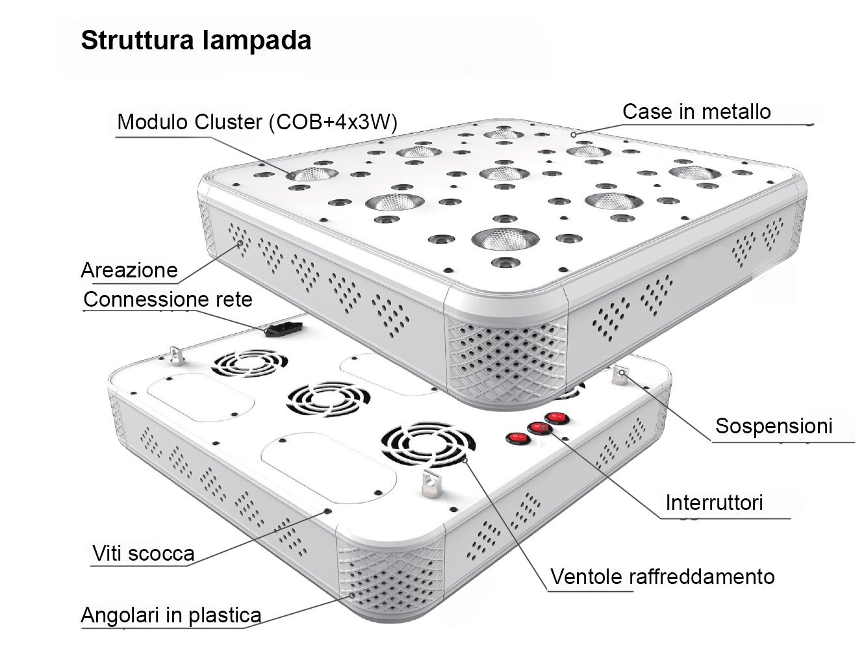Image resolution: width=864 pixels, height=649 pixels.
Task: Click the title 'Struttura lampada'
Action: (196, 40)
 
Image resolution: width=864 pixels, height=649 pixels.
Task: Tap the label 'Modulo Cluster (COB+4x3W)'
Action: (257, 122)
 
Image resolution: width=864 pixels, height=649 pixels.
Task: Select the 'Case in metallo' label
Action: (696, 112)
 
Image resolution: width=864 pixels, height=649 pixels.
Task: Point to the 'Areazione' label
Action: (129, 270)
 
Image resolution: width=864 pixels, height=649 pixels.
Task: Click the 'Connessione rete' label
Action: (168, 299)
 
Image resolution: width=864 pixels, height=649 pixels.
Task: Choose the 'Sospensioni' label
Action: (773, 426)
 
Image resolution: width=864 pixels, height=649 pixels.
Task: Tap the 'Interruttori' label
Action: (713, 503)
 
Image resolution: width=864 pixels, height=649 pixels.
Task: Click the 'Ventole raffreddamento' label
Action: (662, 577)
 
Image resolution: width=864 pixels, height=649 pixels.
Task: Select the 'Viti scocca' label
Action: (143, 554)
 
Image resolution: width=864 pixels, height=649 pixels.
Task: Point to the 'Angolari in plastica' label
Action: (171, 615)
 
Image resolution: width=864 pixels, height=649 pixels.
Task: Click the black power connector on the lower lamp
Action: (284, 328)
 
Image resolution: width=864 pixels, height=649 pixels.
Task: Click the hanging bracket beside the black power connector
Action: (174, 355)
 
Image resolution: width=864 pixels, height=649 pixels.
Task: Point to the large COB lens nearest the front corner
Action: (505, 238)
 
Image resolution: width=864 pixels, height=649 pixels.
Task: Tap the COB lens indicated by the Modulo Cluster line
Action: (314, 174)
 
